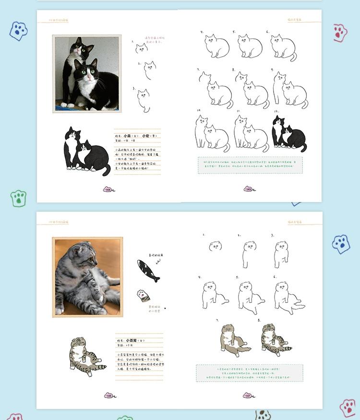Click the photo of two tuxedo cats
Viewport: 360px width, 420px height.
click(x=87, y=73)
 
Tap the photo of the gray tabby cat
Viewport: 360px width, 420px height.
click(x=87, y=277)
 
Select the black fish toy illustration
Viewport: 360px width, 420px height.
click(x=148, y=270)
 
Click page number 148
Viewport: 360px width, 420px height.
click(x=109, y=190)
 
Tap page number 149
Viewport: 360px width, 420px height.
click(x=248, y=190)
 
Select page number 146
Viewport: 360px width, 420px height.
click(x=109, y=396)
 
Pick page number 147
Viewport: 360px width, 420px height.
click(x=248, y=396)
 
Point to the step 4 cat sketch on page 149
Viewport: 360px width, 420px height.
click(x=216, y=46)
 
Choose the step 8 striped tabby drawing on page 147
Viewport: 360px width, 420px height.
click(x=275, y=340)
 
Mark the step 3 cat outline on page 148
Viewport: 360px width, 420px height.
click(x=144, y=100)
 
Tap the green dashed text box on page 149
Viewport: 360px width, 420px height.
click(x=250, y=165)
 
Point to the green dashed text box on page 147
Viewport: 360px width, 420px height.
click(x=249, y=372)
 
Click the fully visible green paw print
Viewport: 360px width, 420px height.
click(x=18, y=198)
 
